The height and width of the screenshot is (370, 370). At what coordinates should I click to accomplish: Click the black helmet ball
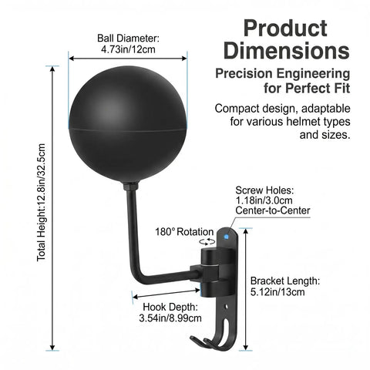128,124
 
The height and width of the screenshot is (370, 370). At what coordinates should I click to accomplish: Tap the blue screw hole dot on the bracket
227,237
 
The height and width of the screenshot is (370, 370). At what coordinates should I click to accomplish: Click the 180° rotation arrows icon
207,241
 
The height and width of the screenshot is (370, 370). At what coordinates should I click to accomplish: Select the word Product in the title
285,29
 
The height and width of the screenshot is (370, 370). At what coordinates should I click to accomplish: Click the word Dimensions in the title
287,50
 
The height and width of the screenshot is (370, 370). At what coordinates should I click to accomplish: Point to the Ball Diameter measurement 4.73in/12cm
128,49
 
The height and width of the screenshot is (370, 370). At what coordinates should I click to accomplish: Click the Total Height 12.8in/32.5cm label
41,203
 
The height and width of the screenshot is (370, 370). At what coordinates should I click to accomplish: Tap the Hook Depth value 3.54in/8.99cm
170,318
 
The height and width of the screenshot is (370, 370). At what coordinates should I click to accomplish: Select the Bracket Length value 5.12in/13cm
277,292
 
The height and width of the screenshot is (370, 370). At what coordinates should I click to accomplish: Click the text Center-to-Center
273,210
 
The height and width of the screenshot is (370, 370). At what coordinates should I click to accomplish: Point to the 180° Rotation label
184,232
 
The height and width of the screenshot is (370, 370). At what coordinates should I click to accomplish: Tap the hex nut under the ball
131,186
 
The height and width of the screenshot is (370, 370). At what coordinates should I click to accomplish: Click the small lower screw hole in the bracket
227,307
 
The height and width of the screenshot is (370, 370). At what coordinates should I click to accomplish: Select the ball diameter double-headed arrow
128,59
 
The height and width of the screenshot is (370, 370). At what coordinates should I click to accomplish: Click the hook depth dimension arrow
166,294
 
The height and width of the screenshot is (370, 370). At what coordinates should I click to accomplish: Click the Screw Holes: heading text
264,190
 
